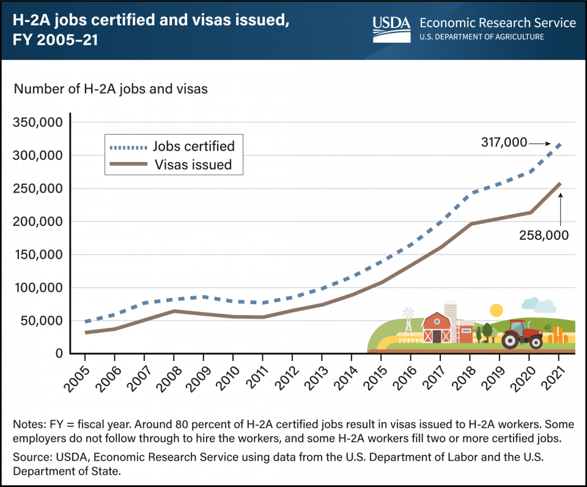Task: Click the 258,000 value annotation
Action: pyautogui.click(x=543, y=234)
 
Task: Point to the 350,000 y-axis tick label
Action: pyautogui.click(x=37, y=122)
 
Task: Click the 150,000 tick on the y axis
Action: pyautogui.click(x=37, y=255)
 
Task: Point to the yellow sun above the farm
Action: pyautogui.click(x=496, y=310)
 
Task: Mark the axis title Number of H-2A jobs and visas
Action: pyautogui.click(x=111, y=89)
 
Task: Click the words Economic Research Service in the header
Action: pyautogui.click(x=497, y=23)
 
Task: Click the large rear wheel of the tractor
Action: pyautogui.click(x=511, y=340)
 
